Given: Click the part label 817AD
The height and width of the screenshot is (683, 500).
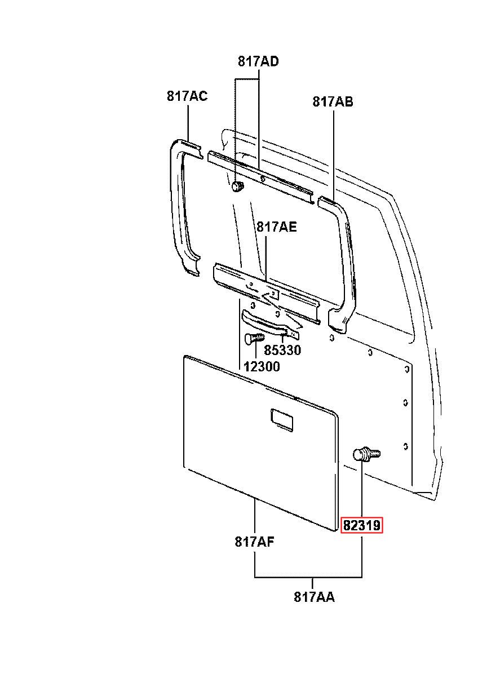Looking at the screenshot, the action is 258,61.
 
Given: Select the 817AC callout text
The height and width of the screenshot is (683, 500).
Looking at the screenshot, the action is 187,96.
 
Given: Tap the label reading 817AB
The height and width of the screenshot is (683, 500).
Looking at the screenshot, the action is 333,101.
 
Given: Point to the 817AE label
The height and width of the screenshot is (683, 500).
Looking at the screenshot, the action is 276,227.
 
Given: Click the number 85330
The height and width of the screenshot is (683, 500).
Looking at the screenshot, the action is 282,350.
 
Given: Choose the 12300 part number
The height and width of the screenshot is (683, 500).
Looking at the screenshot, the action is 262,366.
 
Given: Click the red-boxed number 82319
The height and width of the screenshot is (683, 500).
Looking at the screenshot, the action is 361,525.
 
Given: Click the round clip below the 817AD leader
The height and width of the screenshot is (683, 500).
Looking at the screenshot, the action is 237,186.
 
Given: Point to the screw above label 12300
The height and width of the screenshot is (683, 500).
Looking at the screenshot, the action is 254,338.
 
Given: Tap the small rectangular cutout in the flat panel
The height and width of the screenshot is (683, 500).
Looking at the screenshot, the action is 282,420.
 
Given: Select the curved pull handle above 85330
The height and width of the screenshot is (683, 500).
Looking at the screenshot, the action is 270,324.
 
